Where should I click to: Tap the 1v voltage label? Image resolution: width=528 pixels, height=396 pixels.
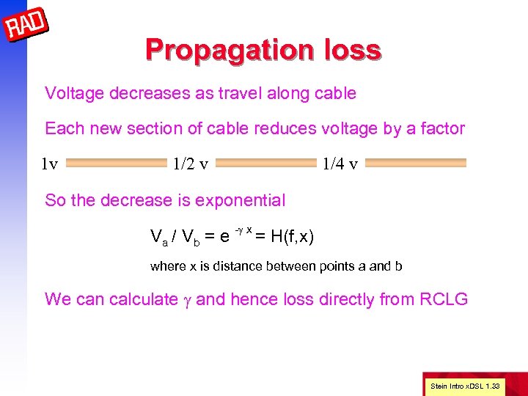(49, 164)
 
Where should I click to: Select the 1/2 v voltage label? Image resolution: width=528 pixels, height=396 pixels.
(189, 164)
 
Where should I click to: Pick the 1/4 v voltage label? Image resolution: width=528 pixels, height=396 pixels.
(340, 164)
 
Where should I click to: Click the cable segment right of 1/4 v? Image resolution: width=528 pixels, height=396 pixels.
(415, 164)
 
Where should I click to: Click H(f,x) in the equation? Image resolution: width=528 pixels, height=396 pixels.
(293, 236)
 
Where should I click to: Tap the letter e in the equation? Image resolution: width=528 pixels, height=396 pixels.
(225, 237)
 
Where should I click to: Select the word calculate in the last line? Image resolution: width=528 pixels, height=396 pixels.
(143, 299)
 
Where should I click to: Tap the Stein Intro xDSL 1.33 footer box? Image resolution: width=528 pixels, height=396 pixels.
(464, 385)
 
